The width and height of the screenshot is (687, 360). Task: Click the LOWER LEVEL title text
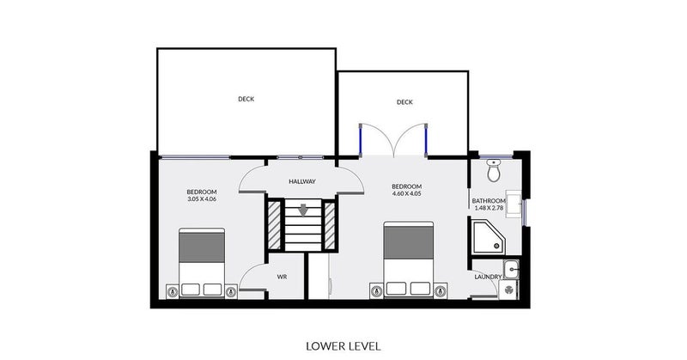343,346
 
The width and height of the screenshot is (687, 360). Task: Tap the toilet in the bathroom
494,170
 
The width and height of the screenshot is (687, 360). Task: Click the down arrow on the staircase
303,210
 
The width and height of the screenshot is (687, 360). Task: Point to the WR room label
282,278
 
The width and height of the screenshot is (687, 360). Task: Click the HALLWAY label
302,181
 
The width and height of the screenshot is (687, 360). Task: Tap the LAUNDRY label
488,277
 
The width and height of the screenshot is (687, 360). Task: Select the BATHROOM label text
489,201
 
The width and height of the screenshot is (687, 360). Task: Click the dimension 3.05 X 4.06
202,198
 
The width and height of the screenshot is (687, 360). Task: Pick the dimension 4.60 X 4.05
406,193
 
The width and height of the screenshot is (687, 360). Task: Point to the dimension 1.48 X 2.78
489,208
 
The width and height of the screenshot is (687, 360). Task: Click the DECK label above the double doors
404,102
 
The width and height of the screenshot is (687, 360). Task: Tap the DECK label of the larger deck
246,99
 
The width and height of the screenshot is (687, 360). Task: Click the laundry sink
511,269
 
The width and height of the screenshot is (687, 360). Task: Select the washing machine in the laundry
508,290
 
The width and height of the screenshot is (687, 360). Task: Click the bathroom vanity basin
514,204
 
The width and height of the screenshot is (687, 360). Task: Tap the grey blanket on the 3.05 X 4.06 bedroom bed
202,247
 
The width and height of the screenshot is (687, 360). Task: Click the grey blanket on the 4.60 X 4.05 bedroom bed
409,242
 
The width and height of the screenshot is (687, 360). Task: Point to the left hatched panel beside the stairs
274,224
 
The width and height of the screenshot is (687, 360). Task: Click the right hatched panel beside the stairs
330,224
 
